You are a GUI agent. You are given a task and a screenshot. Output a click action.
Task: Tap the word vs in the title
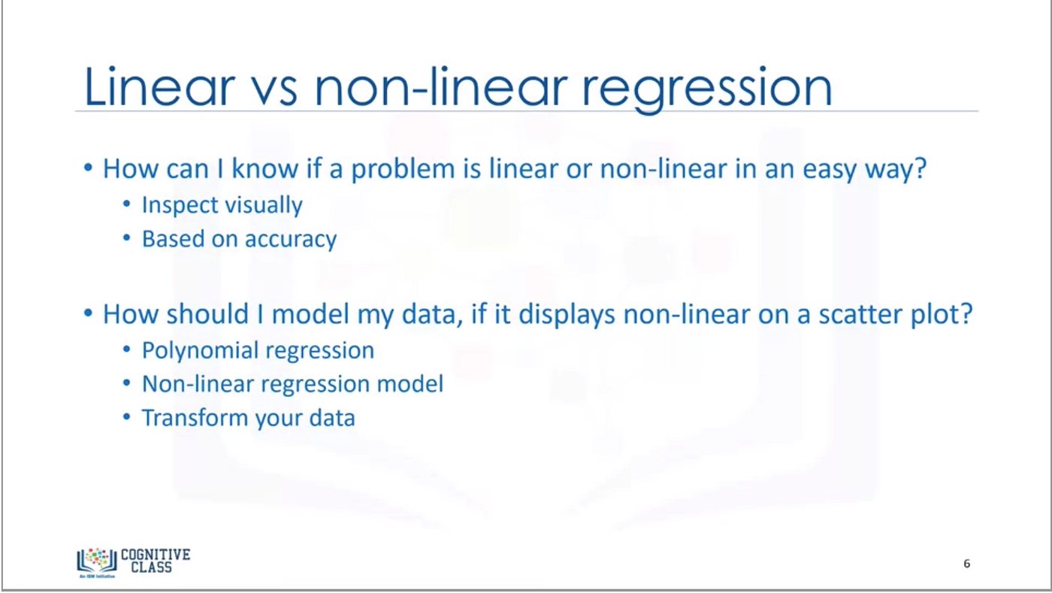click(272, 88)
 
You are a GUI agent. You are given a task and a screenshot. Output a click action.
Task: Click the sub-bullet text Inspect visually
click(222, 205)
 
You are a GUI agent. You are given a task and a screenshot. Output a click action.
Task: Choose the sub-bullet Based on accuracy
click(239, 239)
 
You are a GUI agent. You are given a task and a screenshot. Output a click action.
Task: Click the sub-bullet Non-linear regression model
click(292, 384)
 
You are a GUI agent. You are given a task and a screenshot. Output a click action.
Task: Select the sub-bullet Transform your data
click(248, 417)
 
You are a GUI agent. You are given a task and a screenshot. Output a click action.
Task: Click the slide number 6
click(966, 564)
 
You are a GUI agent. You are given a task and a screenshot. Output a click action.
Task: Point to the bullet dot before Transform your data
click(128, 417)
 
